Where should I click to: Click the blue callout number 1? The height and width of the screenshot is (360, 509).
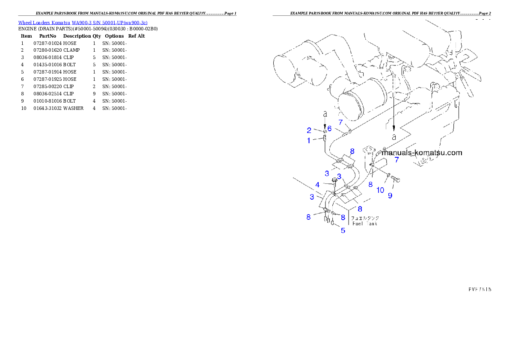coord(308,140)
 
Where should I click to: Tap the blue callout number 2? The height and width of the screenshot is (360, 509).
coord(308,130)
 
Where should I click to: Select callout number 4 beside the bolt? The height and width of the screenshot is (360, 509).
coord(317,185)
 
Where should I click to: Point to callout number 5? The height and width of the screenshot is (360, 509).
coord(343,230)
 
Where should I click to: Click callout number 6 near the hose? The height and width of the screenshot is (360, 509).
coord(329,128)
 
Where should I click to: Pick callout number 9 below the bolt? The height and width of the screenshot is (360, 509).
coord(390,195)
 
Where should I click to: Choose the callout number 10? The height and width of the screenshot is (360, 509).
coord(380,190)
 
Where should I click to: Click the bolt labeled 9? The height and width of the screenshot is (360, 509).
coord(396,180)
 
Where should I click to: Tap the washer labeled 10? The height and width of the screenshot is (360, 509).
coord(388,175)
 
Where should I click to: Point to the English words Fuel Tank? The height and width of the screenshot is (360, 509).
coord(364,224)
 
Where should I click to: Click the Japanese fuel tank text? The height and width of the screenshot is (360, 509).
coord(365,218)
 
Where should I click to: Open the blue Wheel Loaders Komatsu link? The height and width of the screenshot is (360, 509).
coord(83,23)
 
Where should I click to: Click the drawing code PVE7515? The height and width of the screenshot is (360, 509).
coord(479,289)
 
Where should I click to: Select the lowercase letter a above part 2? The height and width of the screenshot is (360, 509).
coord(325,114)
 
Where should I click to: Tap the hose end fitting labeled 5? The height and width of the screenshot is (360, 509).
coord(332,223)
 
